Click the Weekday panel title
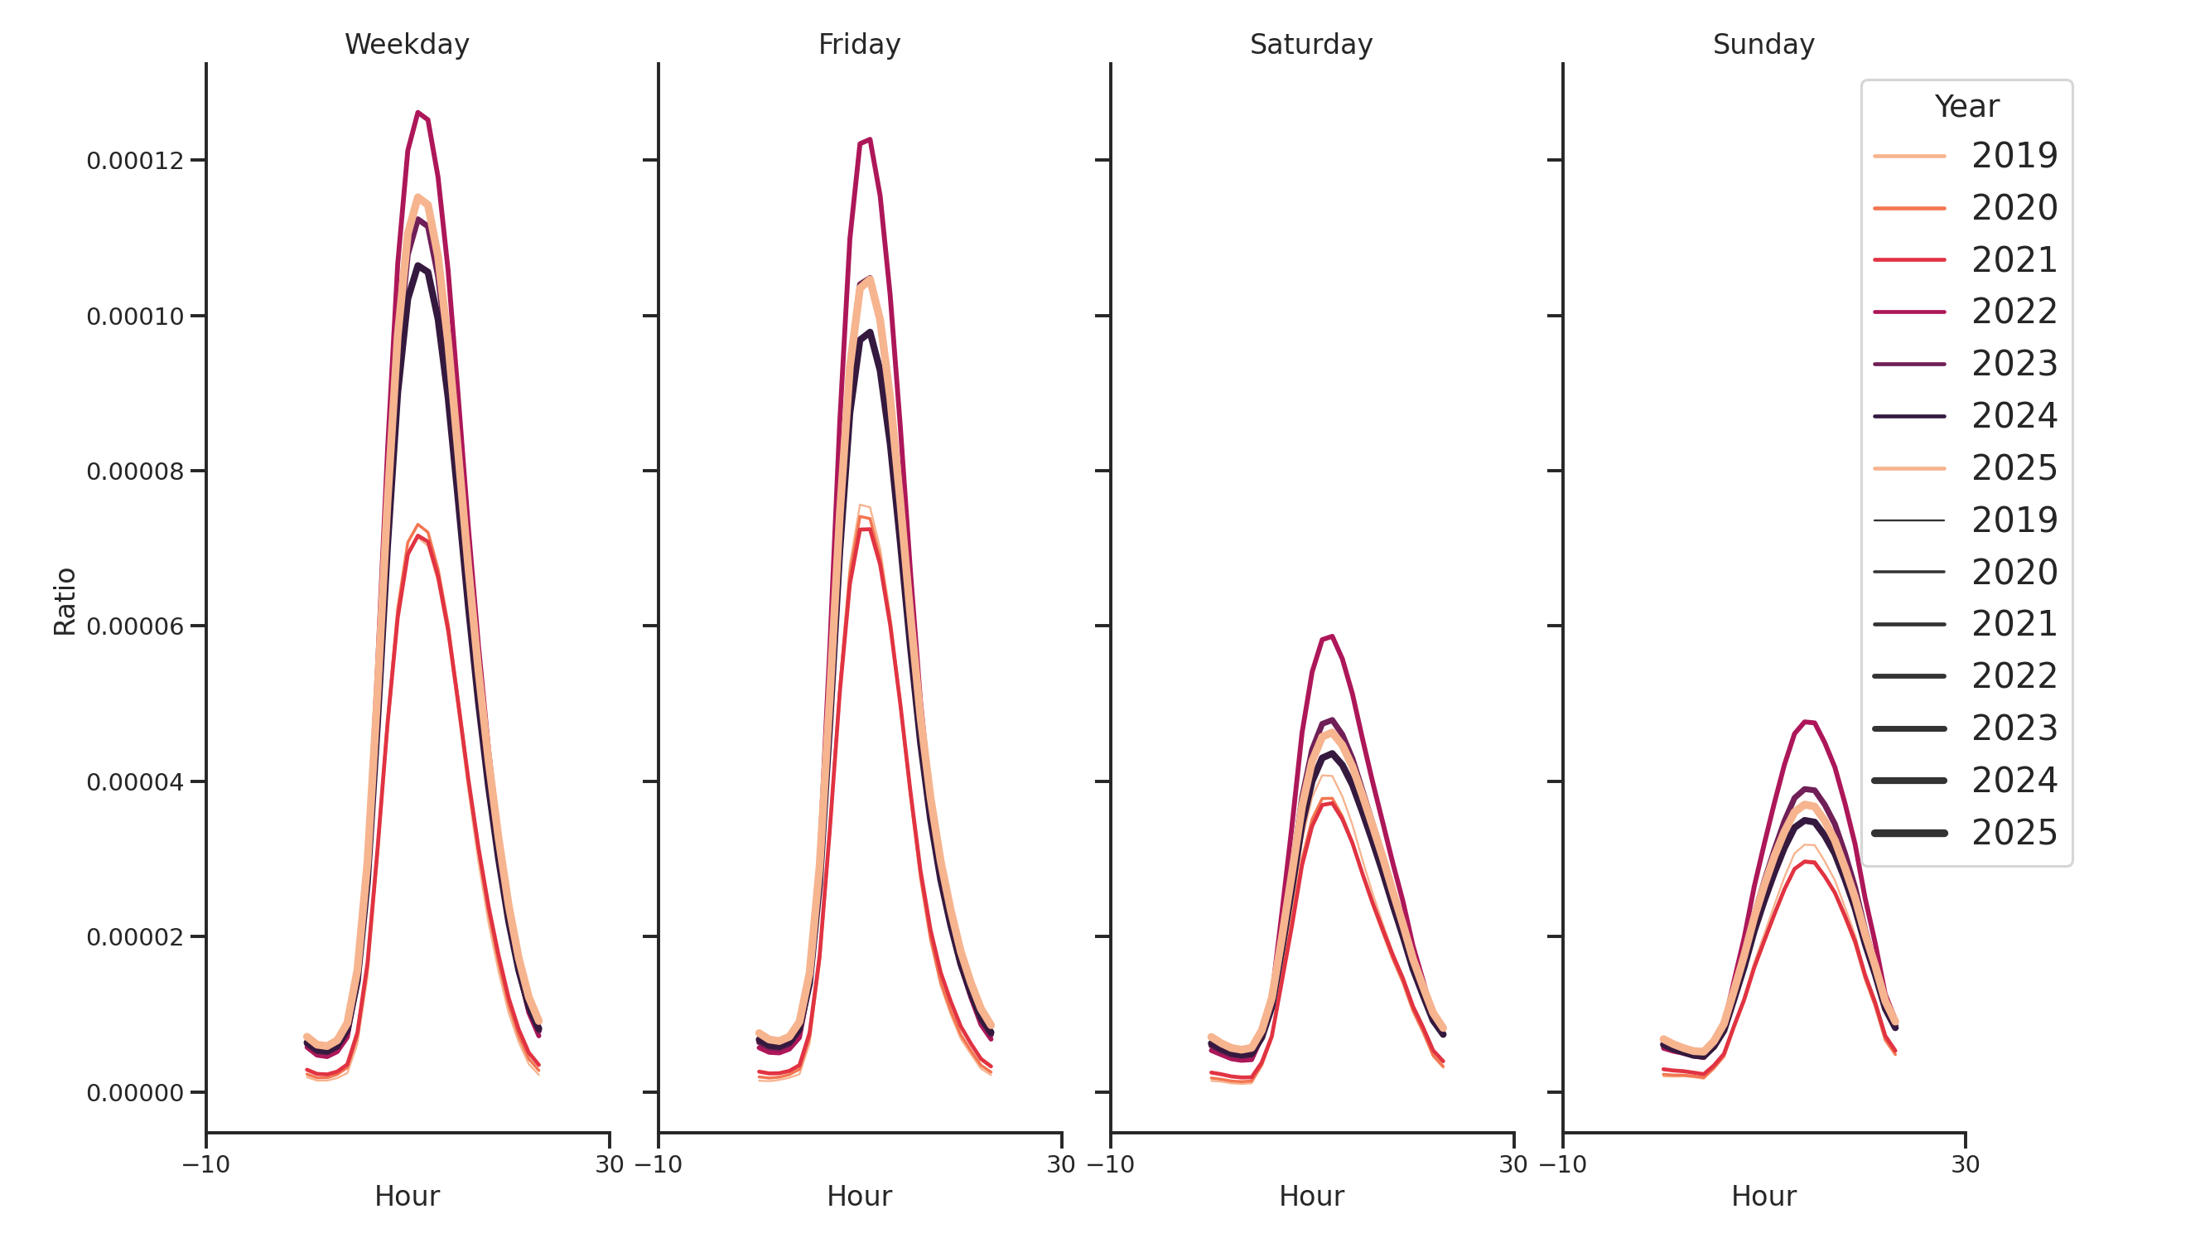pyautogui.click(x=407, y=45)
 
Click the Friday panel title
pyautogui.click(x=859, y=45)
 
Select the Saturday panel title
pyautogui.click(x=1311, y=45)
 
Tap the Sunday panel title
pyautogui.click(x=1763, y=45)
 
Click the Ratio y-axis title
pyautogui.click(x=65, y=602)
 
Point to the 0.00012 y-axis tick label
pyautogui.click(x=135, y=162)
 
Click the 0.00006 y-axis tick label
pyautogui.click(x=135, y=627)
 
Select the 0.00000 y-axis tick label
pyautogui.click(x=135, y=1094)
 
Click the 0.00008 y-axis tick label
pyautogui.click(x=135, y=472)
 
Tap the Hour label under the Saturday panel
pyautogui.click(x=1311, y=1196)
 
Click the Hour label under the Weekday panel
pyautogui.click(x=407, y=1196)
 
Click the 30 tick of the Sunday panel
pyautogui.click(x=1965, y=1164)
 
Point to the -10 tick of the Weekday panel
pyautogui.click(x=205, y=1164)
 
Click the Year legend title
pyautogui.click(x=1966, y=107)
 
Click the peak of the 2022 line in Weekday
pyautogui.click(x=417, y=113)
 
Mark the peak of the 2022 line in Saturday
pyautogui.click(x=1331, y=636)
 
